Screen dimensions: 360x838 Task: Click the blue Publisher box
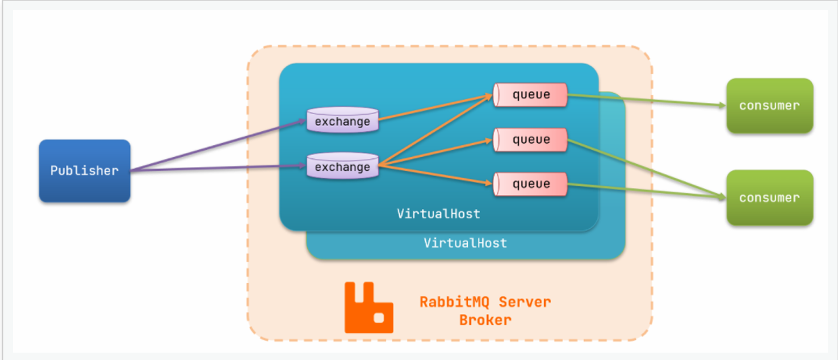tap(85, 170)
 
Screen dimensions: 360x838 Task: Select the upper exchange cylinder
tap(342, 121)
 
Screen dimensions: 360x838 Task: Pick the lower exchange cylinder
tap(342, 167)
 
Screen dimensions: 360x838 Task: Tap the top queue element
tap(530, 95)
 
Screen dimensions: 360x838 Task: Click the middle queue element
tap(530, 140)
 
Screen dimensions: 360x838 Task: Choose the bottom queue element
tap(530, 184)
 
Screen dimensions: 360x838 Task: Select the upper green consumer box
tap(769, 106)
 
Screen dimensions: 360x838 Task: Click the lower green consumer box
tap(769, 198)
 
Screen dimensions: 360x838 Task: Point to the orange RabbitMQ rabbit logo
tap(368, 307)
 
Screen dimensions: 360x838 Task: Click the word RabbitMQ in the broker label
tap(452, 302)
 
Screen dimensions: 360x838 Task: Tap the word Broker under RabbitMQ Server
tap(485, 320)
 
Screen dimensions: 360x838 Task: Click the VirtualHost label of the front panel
tap(438, 214)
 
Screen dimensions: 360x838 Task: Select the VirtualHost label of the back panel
tap(465, 243)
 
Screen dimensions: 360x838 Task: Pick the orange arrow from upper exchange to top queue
tap(434, 108)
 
